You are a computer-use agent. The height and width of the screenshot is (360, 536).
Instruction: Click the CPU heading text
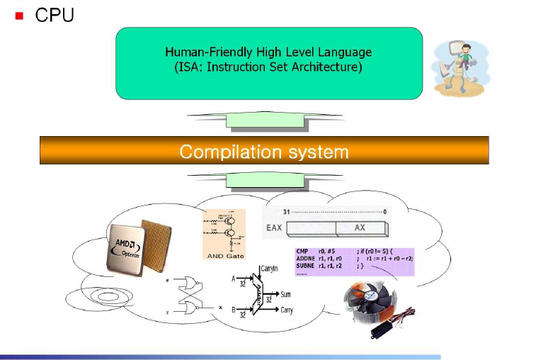tap(55, 14)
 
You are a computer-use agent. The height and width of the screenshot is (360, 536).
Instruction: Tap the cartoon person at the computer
tap(457, 66)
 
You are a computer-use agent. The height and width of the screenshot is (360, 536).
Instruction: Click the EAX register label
tap(274, 228)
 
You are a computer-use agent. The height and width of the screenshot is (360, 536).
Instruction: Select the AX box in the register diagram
tap(360, 228)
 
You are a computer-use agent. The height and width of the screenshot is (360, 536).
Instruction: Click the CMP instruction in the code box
tap(302, 251)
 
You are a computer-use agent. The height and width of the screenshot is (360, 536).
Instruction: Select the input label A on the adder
tap(234, 279)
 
